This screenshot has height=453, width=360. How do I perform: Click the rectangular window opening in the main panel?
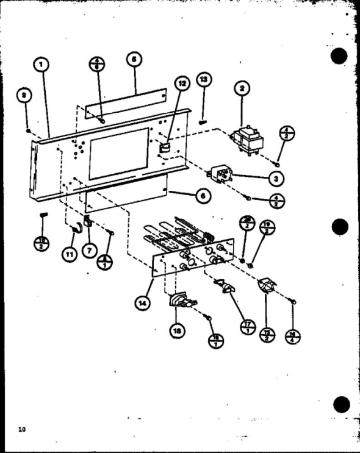119,153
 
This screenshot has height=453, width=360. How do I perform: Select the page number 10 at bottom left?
22,430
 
